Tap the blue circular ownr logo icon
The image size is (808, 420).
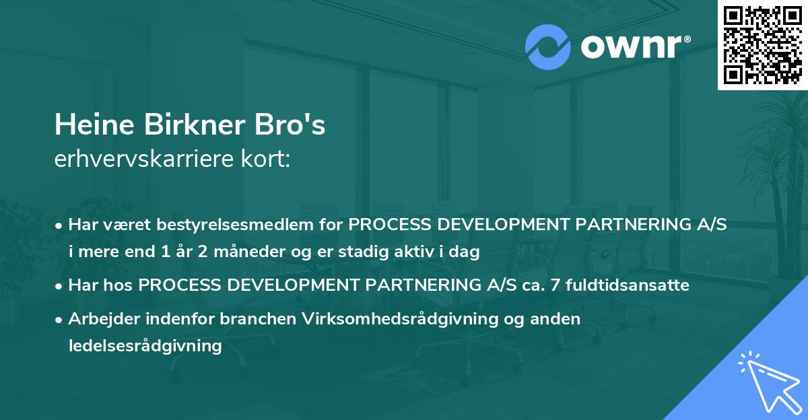(548, 47)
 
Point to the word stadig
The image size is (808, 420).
(366, 253)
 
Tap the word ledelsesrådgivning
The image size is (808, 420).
(145, 346)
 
